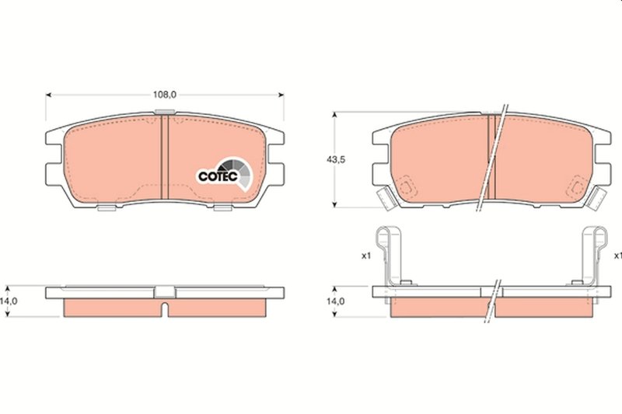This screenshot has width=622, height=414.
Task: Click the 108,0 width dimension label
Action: pyautogui.click(x=164, y=95)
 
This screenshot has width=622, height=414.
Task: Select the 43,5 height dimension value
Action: pyautogui.click(x=336, y=160)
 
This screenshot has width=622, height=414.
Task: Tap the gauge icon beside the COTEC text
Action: pyautogui.click(x=236, y=172)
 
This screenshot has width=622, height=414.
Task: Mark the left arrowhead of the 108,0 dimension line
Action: pyautogui.click(x=50, y=95)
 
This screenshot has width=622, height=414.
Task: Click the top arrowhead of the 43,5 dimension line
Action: pyautogui.click(x=336, y=115)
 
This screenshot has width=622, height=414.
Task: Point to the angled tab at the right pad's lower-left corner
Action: pyautogui.click(x=383, y=198)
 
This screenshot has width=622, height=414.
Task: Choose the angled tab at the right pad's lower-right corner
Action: pyautogui.click(x=596, y=198)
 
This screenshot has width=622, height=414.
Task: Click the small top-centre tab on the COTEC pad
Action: pyautogui.click(x=164, y=114)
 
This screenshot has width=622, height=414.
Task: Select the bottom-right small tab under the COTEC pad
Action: pyautogui.click(x=222, y=207)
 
